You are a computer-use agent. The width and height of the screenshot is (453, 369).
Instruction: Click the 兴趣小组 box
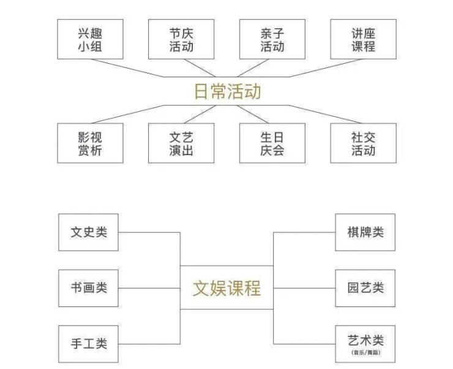[x=90, y=39]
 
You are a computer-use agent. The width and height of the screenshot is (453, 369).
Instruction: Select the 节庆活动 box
[x=181, y=39]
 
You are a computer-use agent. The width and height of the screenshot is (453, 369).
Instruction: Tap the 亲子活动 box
[x=272, y=39]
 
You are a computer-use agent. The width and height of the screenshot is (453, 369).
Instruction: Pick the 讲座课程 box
[x=363, y=39]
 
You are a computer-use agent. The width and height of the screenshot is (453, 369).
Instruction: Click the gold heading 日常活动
[x=227, y=91]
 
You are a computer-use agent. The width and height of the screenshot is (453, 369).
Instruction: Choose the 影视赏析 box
[x=90, y=143]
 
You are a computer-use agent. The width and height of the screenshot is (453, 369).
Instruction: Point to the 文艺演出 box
[x=181, y=143]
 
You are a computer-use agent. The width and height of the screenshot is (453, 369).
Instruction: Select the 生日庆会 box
[x=272, y=143]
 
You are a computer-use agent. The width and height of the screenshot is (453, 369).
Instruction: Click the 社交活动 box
[x=363, y=143]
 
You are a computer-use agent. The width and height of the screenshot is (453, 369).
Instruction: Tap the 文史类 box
[x=88, y=232]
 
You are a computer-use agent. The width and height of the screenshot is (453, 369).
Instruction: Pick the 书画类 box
[x=88, y=288]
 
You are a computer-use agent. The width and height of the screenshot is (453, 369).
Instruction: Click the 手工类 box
[x=88, y=344]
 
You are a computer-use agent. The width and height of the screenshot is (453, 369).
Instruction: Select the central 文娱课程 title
[x=226, y=288]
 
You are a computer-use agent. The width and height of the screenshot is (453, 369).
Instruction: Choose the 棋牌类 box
[x=365, y=232]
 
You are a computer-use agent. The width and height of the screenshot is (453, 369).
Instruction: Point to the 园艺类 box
[x=365, y=288]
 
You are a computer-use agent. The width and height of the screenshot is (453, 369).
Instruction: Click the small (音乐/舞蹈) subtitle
[x=365, y=352]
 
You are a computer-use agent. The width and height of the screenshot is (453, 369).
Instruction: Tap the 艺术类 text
[x=365, y=340]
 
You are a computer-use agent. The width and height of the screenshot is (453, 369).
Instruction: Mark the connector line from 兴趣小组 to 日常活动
[x=128, y=68]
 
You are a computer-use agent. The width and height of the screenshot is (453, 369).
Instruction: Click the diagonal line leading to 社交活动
[x=326, y=114]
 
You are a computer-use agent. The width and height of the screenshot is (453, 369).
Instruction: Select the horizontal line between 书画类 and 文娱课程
[x=149, y=288]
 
